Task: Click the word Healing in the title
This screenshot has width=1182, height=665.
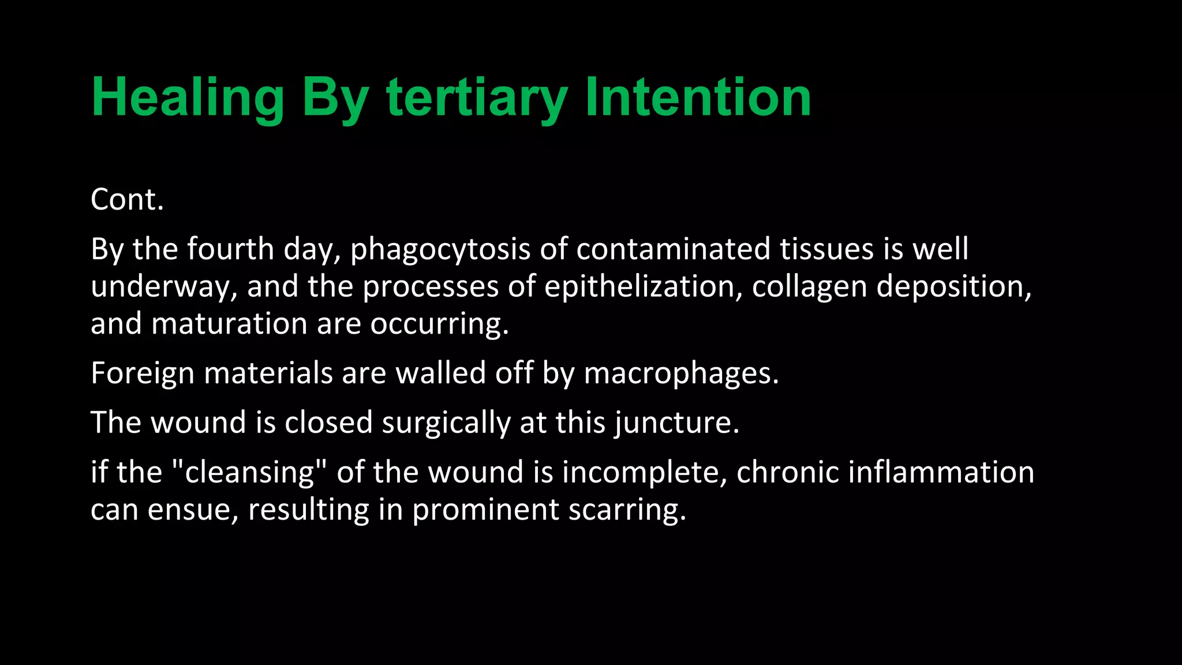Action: (x=188, y=98)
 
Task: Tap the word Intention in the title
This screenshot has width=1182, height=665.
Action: (x=698, y=98)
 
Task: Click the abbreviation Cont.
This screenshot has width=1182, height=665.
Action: (x=127, y=200)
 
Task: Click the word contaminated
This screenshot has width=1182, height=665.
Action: (x=673, y=249)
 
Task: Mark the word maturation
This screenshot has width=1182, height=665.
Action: (x=229, y=323)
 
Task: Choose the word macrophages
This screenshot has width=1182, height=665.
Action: (x=681, y=373)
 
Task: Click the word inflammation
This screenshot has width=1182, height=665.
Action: (x=941, y=472)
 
